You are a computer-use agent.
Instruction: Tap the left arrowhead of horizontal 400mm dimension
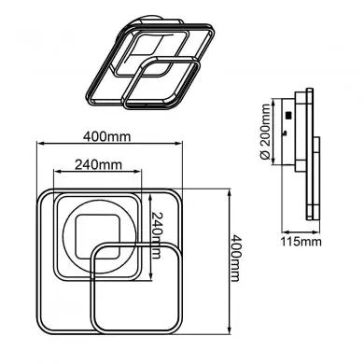(40, 147)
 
